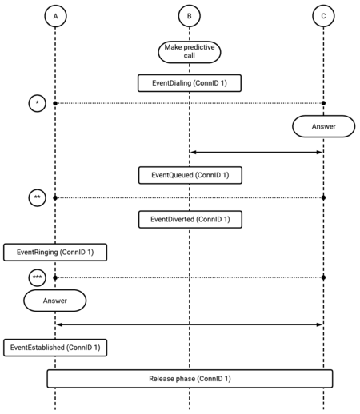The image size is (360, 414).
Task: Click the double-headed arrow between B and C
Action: tap(257, 153)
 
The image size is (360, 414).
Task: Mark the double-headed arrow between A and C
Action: tap(190, 324)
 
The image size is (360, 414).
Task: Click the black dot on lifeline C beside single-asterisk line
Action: tap(323, 103)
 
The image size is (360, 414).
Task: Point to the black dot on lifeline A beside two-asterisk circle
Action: tap(55, 198)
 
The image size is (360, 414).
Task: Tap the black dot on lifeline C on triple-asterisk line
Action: tap(323, 277)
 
